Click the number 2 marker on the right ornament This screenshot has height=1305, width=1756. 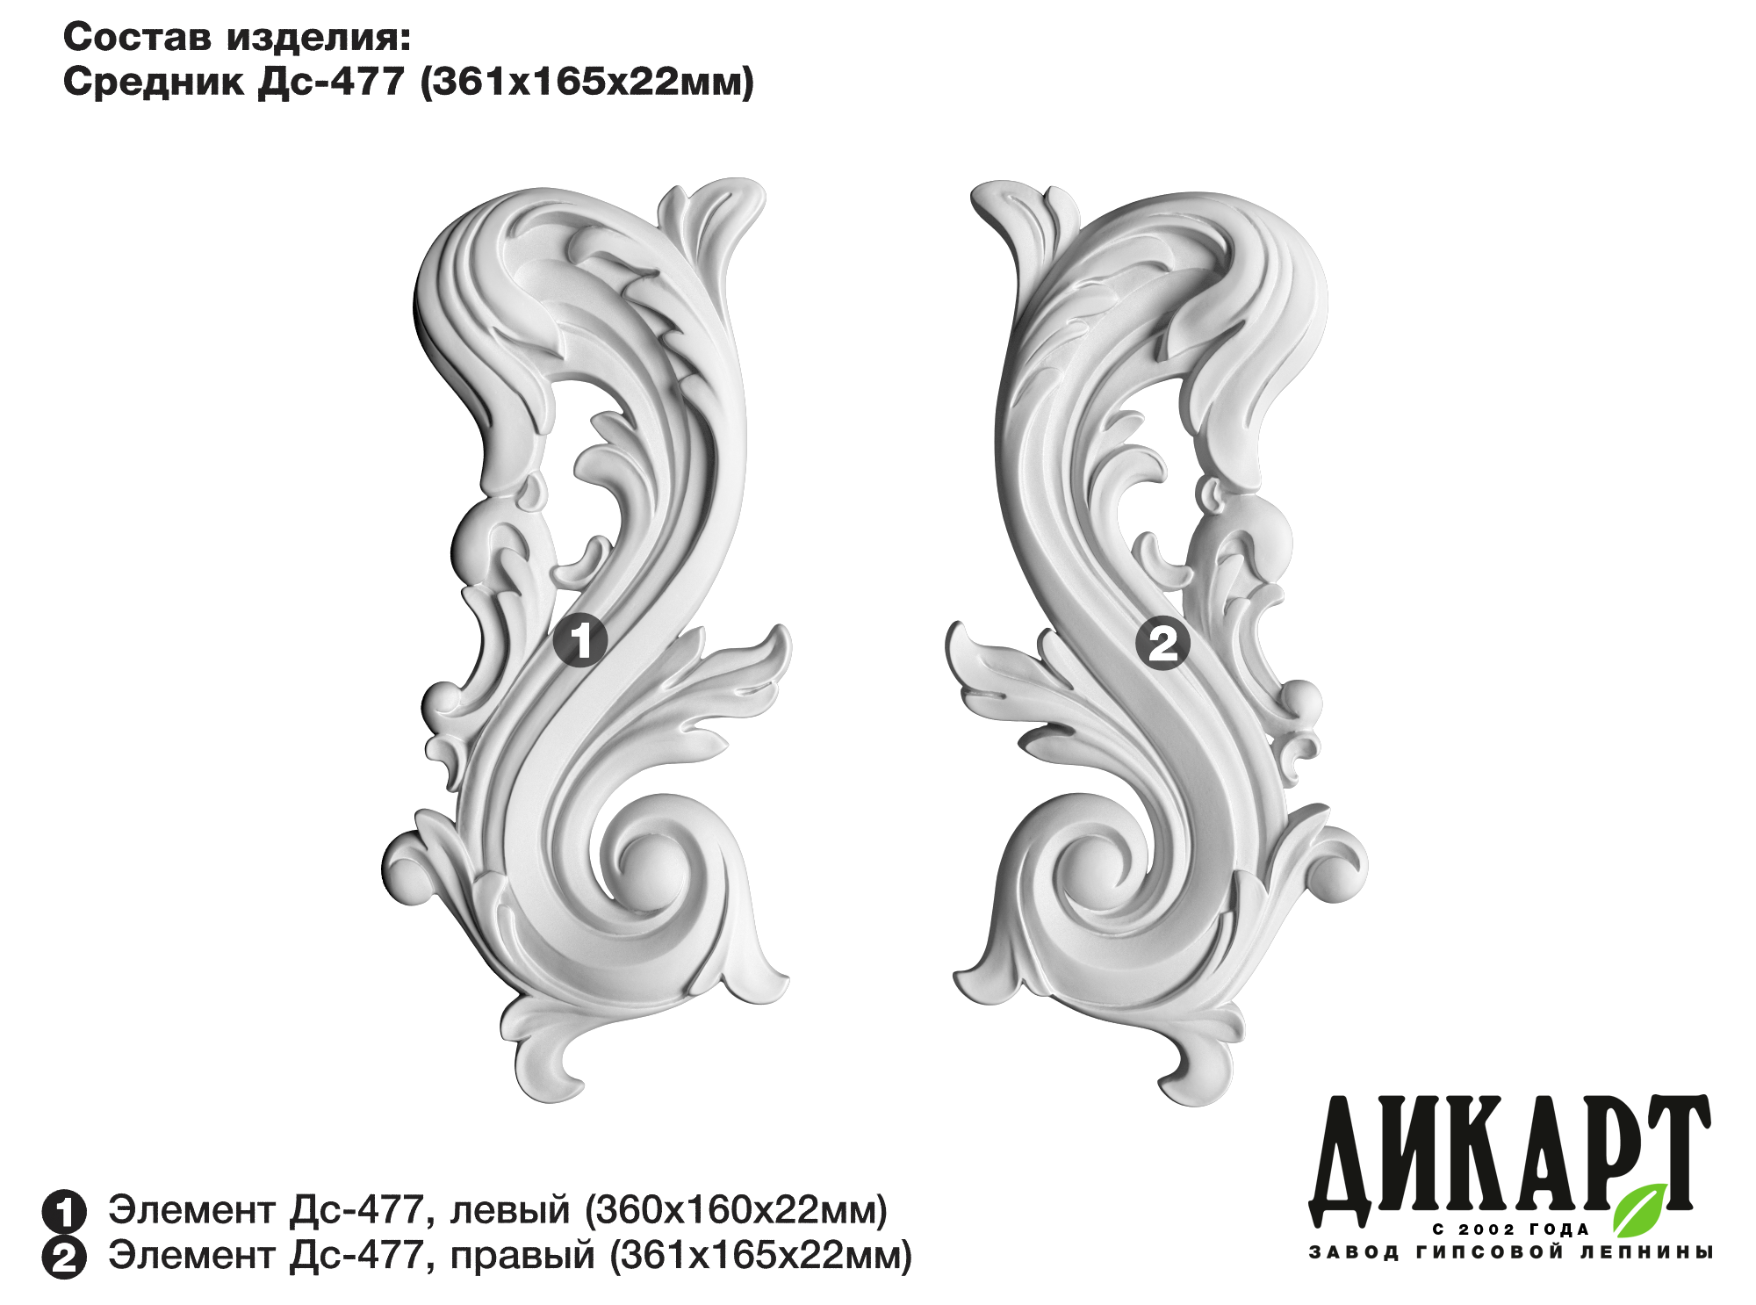tap(1163, 645)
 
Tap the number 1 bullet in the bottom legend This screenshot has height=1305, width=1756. tap(64, 1212)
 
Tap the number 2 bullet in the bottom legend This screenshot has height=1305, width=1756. tap(64, 1258)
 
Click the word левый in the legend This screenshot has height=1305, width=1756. tap(510, 1210)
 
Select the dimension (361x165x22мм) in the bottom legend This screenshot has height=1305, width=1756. tap(760, 1257)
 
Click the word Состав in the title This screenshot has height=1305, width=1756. tap(139, 39)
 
